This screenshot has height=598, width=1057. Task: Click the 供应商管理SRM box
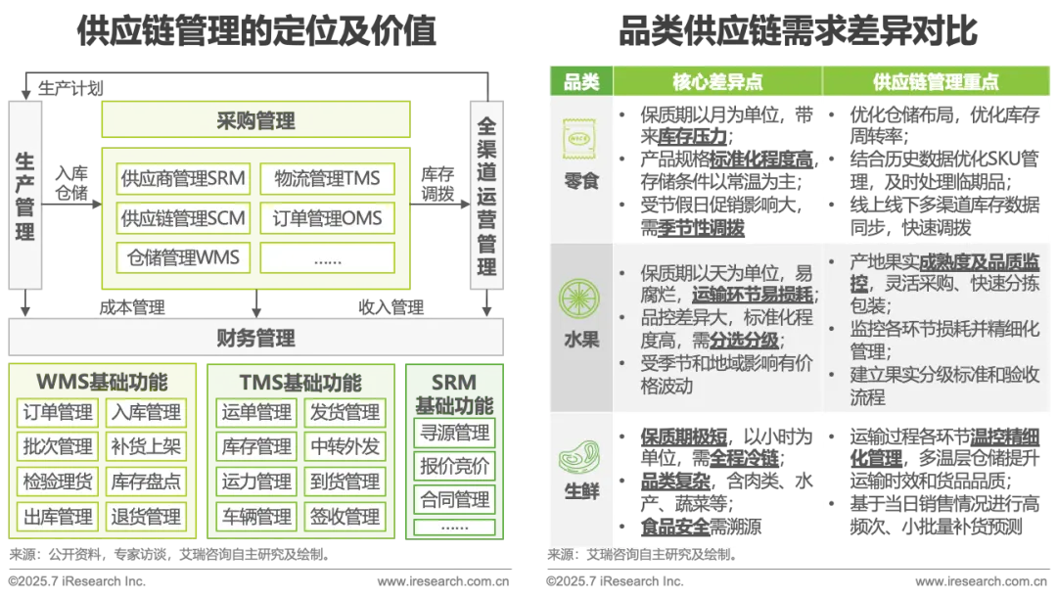click(183, 179)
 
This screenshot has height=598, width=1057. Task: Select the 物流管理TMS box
click(327, 179)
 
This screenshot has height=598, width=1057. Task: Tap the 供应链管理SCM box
click(183, 217)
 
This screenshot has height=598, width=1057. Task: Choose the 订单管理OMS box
click(327, 217)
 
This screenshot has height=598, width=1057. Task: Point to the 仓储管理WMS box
click(183, 257)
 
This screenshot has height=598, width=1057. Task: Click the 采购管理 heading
click(255, 122)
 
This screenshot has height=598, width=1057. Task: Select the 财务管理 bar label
click(255, 339)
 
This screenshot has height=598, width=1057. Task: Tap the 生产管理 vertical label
click(25, 196)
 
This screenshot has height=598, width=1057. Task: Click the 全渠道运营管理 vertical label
click(486, 196)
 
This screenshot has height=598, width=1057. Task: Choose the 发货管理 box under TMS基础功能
click(345, 412)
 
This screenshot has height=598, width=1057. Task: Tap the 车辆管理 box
click(256, 516)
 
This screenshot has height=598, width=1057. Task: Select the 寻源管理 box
click(454, 432)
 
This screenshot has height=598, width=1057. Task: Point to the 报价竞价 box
click(454, 466)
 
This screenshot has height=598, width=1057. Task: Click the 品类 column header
click(581, 82)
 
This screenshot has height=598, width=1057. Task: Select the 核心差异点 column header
click(717, 82)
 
